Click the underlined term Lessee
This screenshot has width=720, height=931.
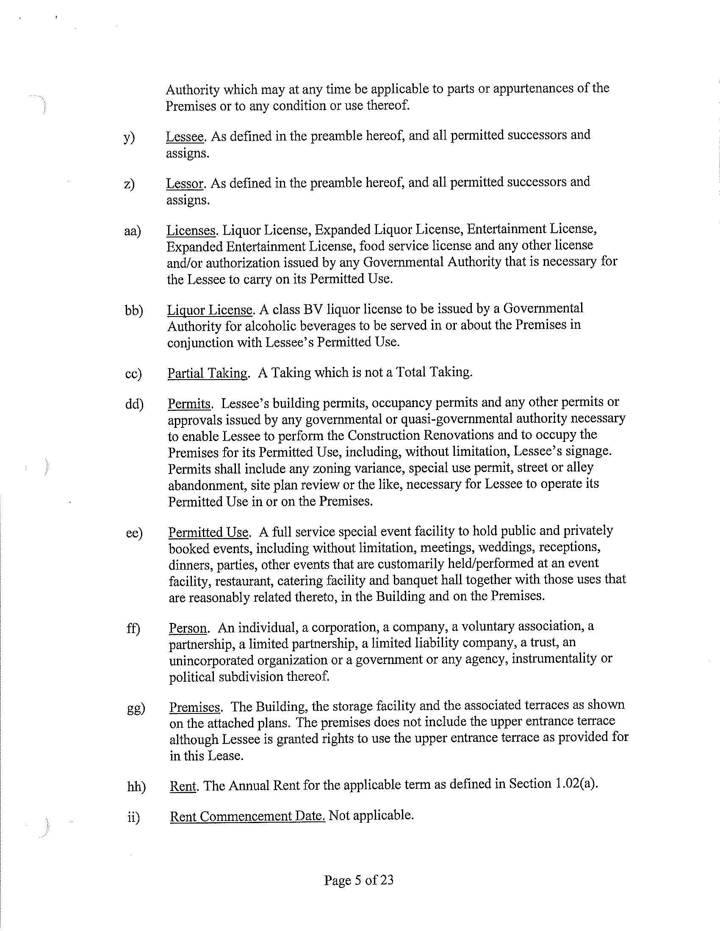(x=184, y=136)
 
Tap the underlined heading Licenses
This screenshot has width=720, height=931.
(x=191, y=231)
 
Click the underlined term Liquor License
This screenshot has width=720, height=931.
(x=210, y=310)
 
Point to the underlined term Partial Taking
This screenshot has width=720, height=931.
(x=207, y=373)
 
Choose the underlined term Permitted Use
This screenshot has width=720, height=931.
(x=208, y=532)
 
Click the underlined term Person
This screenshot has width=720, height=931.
(x=188, y=628)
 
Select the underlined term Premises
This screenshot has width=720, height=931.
(x=194, y=707)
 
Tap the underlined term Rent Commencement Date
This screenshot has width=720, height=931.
(x=247, y=816)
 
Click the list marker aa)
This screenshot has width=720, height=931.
(x=132, y=231)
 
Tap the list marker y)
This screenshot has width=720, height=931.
(x=129, y=137)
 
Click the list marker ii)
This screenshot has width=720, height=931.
(x=133, y=817)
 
